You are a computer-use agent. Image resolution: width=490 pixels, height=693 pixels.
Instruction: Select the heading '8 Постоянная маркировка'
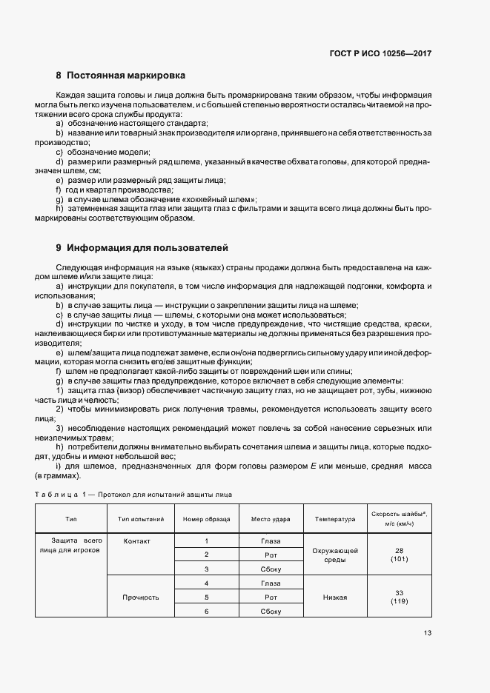[120, 76]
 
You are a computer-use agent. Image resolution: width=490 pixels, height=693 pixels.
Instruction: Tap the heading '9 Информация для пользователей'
[141, 247]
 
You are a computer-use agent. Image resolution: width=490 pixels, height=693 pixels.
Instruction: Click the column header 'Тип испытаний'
[141, 519]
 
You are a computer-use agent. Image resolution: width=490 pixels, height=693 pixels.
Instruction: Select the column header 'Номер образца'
[206, 519]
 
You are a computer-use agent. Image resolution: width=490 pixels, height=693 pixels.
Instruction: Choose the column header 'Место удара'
[271, 519]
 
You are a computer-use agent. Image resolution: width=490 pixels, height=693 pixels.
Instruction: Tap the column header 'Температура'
[335, 519]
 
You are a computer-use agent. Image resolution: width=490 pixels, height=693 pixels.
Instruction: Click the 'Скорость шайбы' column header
[400, 518]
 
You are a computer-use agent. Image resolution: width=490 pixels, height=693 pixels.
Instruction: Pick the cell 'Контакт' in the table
[137, 541]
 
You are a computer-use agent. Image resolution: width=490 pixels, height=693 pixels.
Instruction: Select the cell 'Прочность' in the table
[141, 596]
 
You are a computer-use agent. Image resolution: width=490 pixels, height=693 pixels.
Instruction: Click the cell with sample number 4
[206, 583]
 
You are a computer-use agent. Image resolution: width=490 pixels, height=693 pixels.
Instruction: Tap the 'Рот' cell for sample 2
[271, 555]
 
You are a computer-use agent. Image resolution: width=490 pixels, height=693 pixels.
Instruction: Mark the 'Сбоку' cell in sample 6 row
[271, 611]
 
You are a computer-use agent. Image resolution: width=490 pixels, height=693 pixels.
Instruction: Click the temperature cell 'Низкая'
[335, 596]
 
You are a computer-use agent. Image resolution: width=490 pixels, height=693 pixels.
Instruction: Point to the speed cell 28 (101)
[400, 555]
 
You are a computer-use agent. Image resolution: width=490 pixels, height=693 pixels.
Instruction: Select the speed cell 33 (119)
[400, 597]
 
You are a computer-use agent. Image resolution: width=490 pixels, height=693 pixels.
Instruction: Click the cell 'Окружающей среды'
[335, 555]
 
